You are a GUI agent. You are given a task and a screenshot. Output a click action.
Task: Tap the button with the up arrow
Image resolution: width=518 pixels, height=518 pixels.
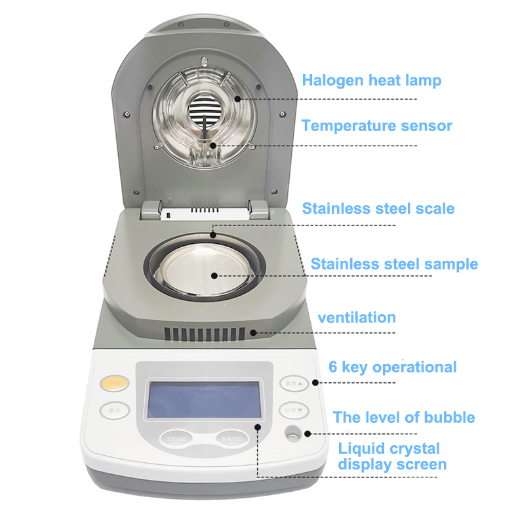[292, 383]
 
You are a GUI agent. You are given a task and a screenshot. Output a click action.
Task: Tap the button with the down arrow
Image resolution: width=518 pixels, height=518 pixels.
[292, 410]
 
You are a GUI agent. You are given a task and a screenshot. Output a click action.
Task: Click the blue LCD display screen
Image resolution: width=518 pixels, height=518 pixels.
[203, 399]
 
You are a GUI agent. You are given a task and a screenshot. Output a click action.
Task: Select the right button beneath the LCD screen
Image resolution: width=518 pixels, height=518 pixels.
[231, 438]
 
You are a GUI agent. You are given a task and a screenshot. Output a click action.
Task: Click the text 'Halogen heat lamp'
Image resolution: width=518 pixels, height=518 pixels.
[371, 81]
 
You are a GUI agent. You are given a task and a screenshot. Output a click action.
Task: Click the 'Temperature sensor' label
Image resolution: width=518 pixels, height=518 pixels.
[376, 125]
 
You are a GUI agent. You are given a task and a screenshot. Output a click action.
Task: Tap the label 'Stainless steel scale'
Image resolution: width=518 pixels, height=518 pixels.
[378, 209]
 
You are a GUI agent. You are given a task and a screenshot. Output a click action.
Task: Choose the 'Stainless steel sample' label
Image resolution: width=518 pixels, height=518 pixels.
[393, 264]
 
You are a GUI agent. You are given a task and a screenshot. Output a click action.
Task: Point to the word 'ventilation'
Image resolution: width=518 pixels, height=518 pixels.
[357, 317]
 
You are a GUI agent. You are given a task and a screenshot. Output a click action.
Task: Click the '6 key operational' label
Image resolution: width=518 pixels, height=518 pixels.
[391, 367]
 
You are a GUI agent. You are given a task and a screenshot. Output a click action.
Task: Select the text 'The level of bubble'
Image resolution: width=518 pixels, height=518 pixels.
[404, 417]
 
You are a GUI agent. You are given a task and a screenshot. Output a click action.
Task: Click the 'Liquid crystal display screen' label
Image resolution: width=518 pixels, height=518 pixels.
[391, 456]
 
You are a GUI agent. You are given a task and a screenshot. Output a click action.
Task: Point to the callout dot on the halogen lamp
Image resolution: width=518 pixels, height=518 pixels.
[237, 98]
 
